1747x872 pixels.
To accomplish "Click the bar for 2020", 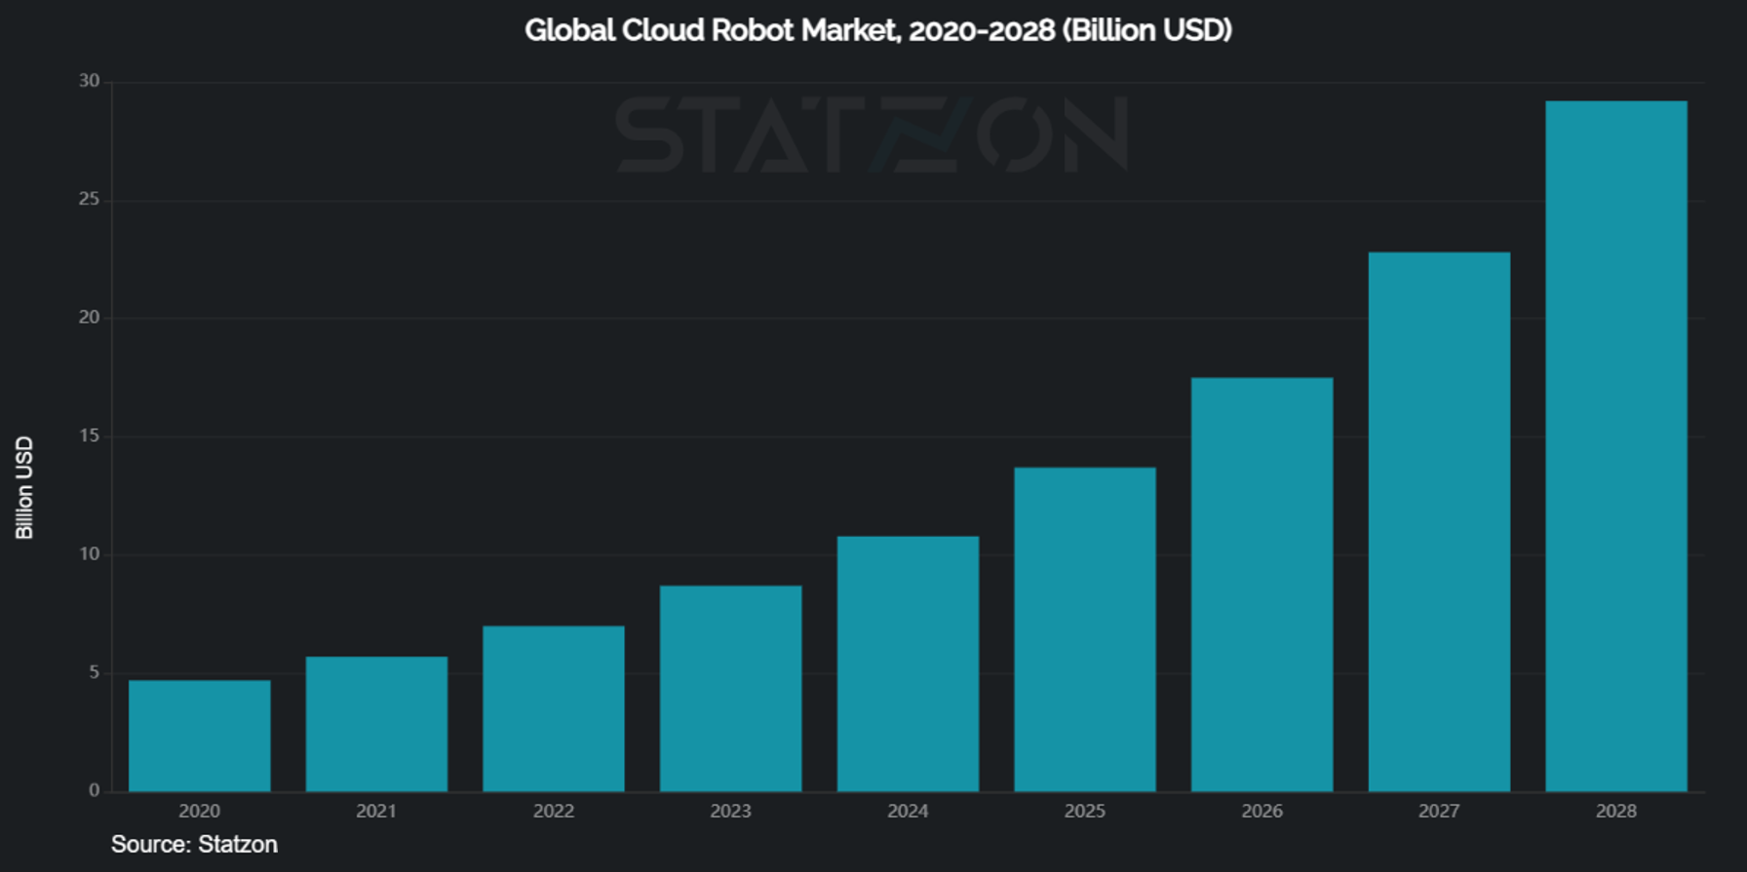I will point(200,736).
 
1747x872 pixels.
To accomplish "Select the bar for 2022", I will point(554,708).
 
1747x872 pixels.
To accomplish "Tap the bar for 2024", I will point(908,663).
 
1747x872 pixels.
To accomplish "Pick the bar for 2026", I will point(1262,585).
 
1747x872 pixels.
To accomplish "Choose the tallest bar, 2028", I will point(1615,446).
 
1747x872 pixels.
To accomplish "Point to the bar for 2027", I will point(1439,522).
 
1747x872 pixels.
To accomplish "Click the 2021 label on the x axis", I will point(376,811).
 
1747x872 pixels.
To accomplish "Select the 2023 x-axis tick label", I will point(730,811).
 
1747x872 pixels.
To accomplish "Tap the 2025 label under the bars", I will point(1084,811).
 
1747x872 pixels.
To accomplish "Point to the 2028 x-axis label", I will point(1615,811).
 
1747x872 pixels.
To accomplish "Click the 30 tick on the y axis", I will point(90,81).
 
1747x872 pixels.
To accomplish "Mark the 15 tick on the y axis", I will point(90,436).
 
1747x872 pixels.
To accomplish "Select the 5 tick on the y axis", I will point(94,672).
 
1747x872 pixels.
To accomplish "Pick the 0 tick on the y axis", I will point(94,790).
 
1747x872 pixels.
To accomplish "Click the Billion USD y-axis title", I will point(24,487).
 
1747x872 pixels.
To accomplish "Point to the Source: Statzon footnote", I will point(194,844).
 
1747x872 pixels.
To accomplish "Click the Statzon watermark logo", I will point(873,134).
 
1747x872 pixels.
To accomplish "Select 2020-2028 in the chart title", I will point(982,30).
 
